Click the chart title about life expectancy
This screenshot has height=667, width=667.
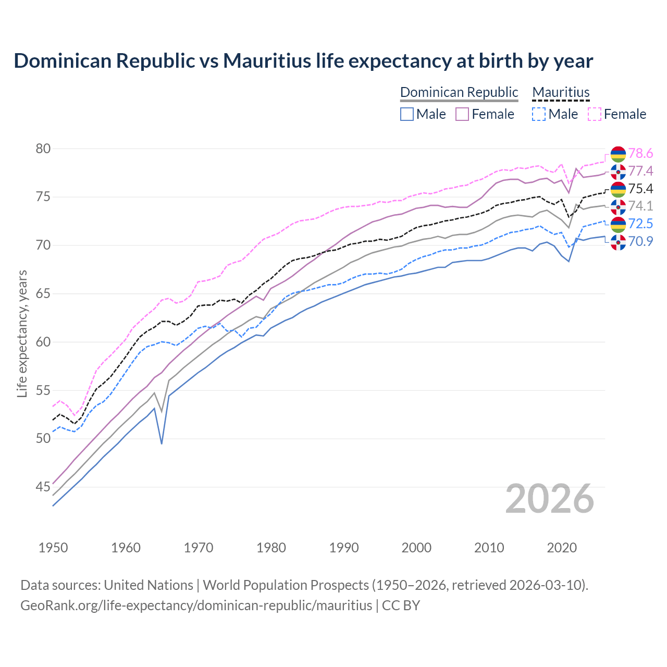(x=303, y=61)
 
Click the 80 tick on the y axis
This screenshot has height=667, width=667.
(x=43, y=149)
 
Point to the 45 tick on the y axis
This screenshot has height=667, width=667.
(x=43, y=487)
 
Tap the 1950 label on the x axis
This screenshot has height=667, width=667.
(x=53, y=548)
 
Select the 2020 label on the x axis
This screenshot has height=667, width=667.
(x=562, y=548)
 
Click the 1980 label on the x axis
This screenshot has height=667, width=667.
(x=271, y=548)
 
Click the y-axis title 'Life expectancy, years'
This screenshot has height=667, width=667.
(x=22, y=333)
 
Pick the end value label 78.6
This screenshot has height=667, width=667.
(x=640, y=153)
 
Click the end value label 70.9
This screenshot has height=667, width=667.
(x=640, y=241)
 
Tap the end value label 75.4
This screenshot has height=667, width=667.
(x=640, y=189)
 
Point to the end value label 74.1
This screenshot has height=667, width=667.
(x=640, y=206)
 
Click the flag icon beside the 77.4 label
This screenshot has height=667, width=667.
(x=618, y=171)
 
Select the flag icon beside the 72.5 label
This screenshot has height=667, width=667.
(x=618, y=225)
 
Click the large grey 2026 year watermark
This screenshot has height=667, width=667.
(x=549, y=499)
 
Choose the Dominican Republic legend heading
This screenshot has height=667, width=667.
(x=459, y=92)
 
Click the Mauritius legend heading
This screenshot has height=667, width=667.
(x=561, y=92)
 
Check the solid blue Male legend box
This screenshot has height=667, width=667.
(x=407, y=114)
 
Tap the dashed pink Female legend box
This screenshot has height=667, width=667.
(x=595, y=114)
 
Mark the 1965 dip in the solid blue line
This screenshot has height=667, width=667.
(x=162, y=443)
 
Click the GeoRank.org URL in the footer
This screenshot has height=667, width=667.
(x=196, y=606)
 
